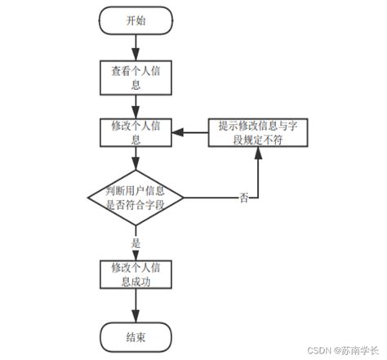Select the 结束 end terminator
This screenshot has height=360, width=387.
point(136,336)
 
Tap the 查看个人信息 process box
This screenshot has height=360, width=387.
point(136,77)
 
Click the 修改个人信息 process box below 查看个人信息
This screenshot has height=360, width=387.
point(136,132)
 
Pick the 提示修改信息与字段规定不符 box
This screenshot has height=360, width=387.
point(259,132)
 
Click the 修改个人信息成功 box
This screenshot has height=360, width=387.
point(136,274)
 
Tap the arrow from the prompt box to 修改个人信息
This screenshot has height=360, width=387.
point(195,132)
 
